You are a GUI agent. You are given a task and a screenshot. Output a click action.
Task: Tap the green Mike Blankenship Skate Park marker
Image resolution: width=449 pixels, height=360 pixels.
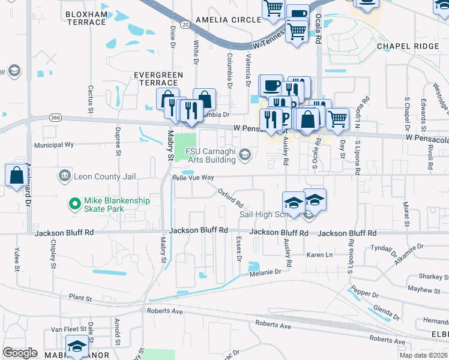click(75, 205)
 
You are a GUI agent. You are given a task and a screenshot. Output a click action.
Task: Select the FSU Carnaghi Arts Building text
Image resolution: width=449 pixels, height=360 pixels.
click(209, 155)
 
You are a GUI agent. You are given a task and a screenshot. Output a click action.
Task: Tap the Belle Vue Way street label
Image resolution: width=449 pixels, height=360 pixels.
click(193, 178)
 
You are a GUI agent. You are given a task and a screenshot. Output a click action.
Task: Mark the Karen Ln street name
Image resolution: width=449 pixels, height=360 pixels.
click(319, 255)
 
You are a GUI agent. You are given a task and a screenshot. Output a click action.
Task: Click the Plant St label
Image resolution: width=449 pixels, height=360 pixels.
click(80, 297)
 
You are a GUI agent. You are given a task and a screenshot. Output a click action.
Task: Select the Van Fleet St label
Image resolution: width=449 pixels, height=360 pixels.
click(64, 329)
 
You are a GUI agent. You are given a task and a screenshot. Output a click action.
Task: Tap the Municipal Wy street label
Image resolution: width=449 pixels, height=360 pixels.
click(53, 145)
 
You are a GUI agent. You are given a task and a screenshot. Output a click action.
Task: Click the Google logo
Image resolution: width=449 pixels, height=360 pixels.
click(19, 353)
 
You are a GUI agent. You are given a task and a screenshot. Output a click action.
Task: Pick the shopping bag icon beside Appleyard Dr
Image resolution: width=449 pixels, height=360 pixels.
click(16, 175)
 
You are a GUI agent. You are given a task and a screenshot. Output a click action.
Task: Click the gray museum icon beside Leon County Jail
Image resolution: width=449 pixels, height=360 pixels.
click(63, 176)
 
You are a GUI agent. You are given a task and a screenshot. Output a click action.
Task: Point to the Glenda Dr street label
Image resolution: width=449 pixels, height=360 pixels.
click(386, 312)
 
